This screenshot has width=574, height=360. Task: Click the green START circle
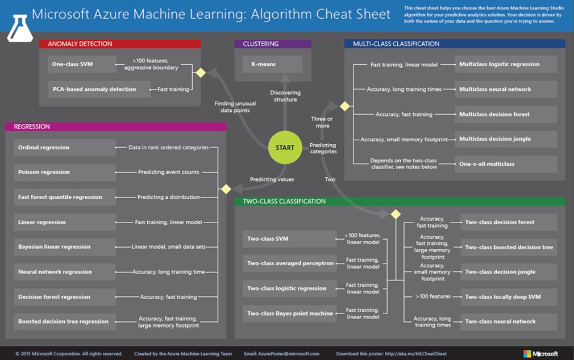pos(285,147)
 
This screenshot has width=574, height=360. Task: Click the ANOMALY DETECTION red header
pos(119,44)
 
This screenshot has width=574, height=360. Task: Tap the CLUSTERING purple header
pos(272,44)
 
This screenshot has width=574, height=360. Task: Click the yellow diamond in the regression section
pos(226,189)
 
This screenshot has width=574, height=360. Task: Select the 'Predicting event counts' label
pos(168,172)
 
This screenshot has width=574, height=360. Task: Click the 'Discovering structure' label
pos(285,96)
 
